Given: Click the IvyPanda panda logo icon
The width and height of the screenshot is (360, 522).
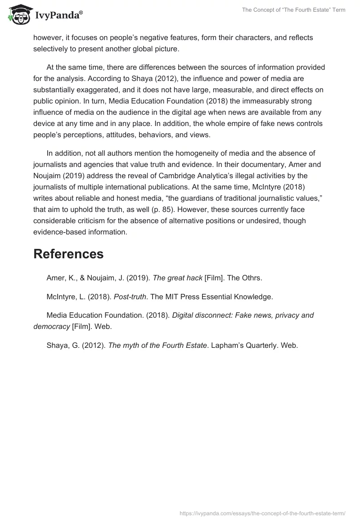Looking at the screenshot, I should (18, 14).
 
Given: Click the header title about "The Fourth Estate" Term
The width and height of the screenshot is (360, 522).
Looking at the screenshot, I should (294, 10).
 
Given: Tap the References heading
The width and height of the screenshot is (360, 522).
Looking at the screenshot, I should (68, 254).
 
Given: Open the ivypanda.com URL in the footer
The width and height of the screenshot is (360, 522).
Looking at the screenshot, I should (262, 513).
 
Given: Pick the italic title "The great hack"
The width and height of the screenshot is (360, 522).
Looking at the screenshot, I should (177, 278).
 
